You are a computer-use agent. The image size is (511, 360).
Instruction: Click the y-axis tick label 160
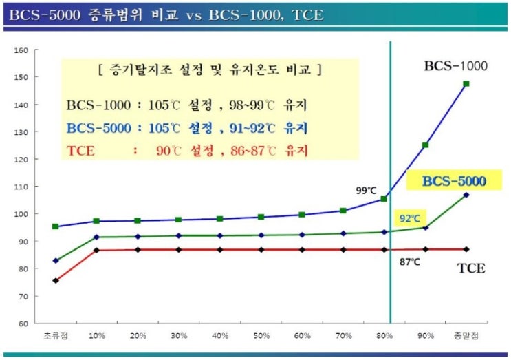coord(21,50)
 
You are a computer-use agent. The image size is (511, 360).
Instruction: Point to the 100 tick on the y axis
coord(21,214)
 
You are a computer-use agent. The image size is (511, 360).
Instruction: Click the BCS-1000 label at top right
coord(455,67)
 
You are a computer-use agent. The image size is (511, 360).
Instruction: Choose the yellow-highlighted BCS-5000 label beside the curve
coord(453,182)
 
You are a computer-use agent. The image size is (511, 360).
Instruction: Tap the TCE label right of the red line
coord(471,268)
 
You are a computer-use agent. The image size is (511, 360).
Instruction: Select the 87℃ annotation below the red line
coord(411,262)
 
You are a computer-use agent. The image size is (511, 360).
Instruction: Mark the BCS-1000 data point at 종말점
coord(466,84)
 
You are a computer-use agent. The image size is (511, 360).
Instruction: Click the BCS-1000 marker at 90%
coord(425,145)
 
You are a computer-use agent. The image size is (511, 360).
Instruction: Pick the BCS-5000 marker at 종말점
coord(466,195)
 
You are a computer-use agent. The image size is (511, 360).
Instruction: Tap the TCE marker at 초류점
coord(56,280)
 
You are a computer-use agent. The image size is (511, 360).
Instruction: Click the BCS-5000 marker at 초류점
coord(56,261)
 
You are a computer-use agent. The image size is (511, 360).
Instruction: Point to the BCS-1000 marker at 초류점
coord(56,226)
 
